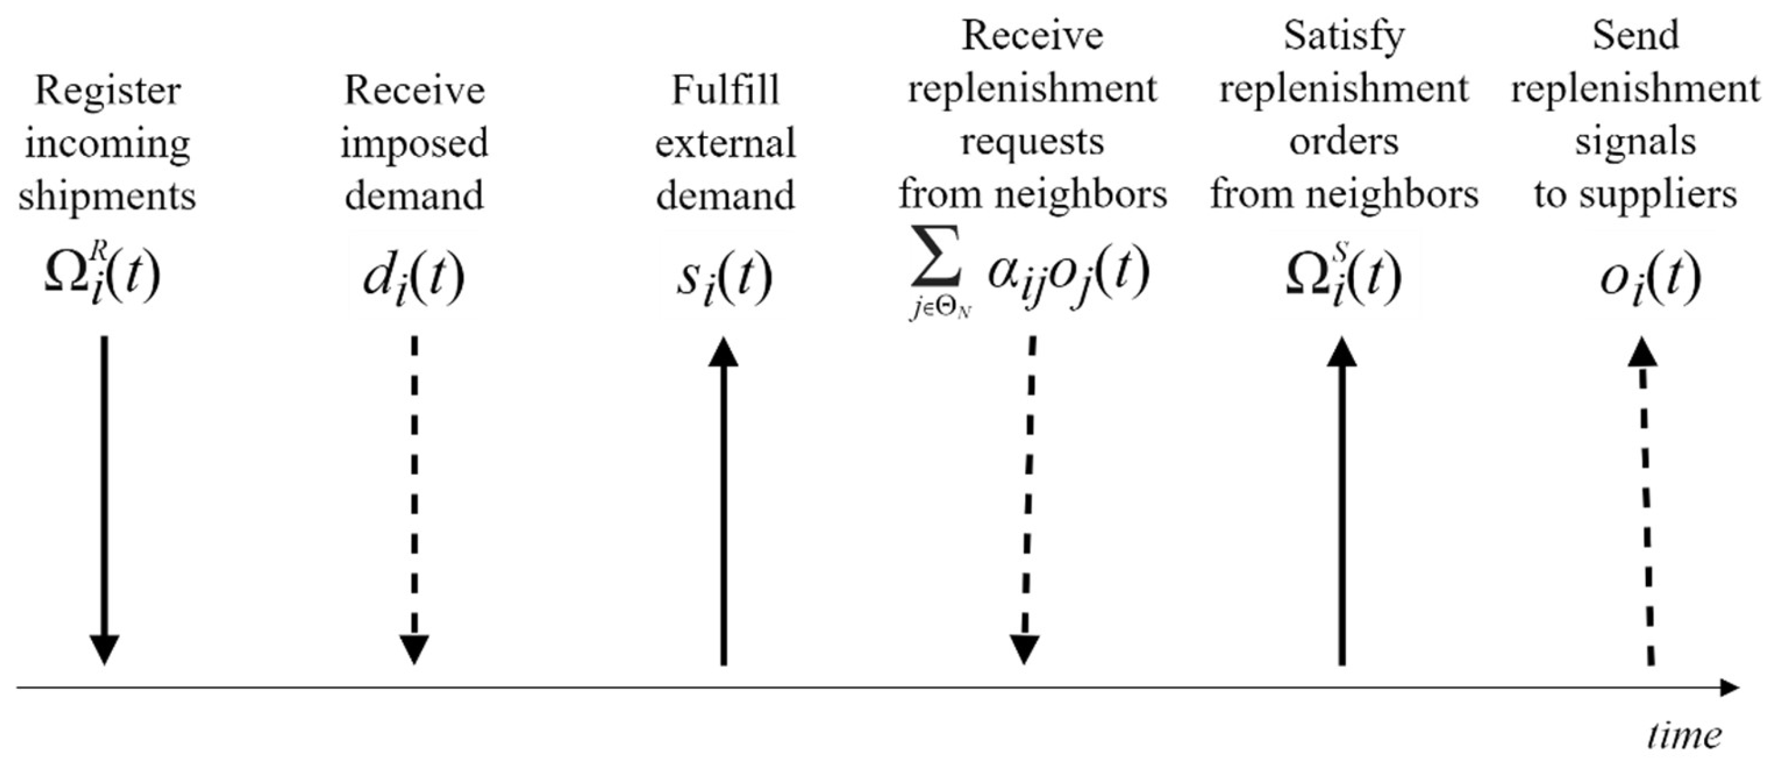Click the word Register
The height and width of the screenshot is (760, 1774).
(108, 92)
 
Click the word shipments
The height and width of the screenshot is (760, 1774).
(107, 196)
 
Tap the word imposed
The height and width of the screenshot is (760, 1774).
(414, 144)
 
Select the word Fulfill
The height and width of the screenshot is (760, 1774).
(724, 91)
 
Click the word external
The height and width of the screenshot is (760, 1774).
(724, 144)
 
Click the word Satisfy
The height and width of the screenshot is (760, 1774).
(1343, 36)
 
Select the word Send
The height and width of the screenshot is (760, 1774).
(1635, 36)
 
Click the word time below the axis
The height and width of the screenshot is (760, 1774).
(1684, 735)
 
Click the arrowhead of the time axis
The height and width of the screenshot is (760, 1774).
(1729, 687)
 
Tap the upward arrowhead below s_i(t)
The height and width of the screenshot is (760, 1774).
(723, 352)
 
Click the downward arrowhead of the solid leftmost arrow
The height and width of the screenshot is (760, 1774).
(105, 649)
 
